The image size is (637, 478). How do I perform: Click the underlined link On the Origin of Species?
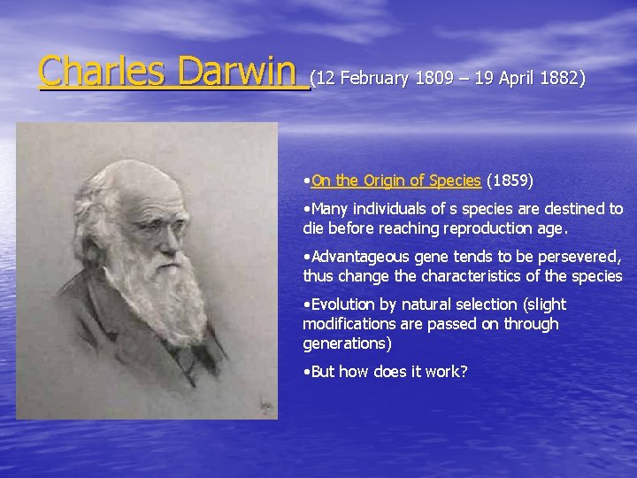click(x=395, y=181)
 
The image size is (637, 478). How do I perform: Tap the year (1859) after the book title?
click(x=510, y=181)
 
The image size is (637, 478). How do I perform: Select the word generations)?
click(x=347, y=343)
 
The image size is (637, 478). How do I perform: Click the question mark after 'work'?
click(x=463, y=372)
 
